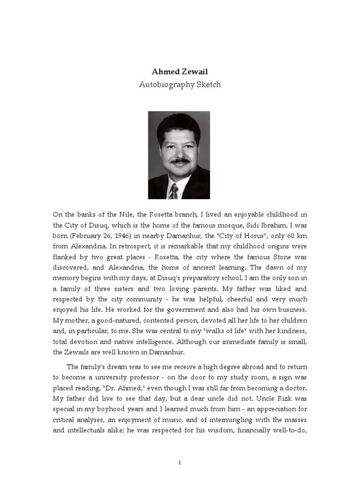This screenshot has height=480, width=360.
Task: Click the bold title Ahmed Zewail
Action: [x=180, y=72]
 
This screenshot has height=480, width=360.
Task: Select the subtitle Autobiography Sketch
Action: [x=180, y=85]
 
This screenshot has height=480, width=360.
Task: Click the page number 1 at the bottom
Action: [x=180, y=463]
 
